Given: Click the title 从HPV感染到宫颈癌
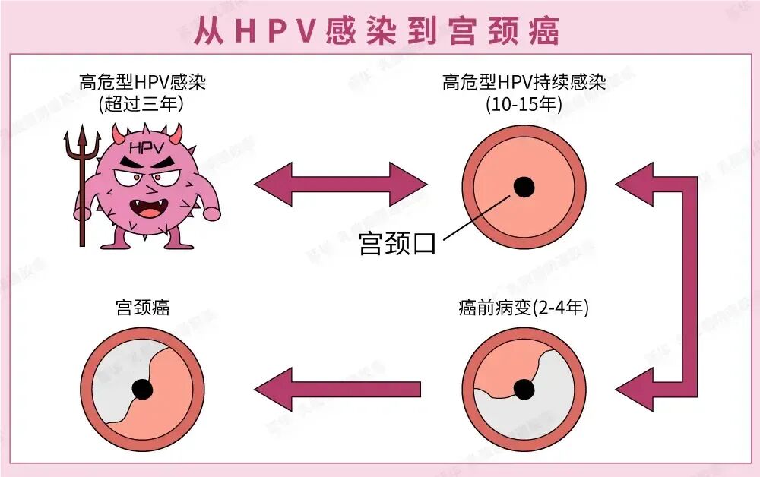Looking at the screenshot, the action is pos(377,30).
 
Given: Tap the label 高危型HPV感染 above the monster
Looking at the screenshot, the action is pos(142,82).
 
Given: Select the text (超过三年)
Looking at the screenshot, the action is pos(142,103).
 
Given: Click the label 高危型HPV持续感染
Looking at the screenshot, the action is pos(524,82).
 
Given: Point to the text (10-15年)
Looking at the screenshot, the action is pos(524,103).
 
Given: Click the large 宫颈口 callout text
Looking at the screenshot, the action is pos(397,244).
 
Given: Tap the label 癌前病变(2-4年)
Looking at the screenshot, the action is pos(524,308).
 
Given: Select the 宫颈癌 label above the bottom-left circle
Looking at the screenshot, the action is pos(142,308).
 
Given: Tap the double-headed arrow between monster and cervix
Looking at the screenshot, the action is pos(340,184).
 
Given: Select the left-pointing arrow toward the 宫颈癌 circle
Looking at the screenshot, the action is pos(337,389).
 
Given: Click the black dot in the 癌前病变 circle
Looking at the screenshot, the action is pos(524,389).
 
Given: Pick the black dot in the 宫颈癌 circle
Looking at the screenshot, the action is pos(142,389).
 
